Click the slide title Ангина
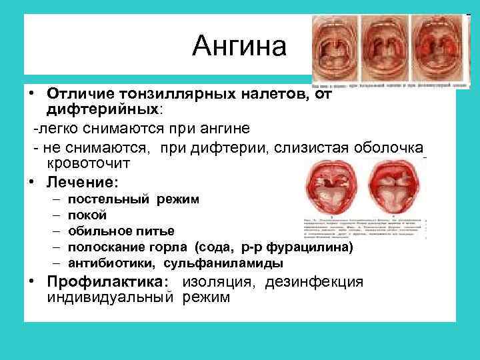coord(239,47)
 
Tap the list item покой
coord(87,215)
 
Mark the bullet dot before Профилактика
coord(32,282)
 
